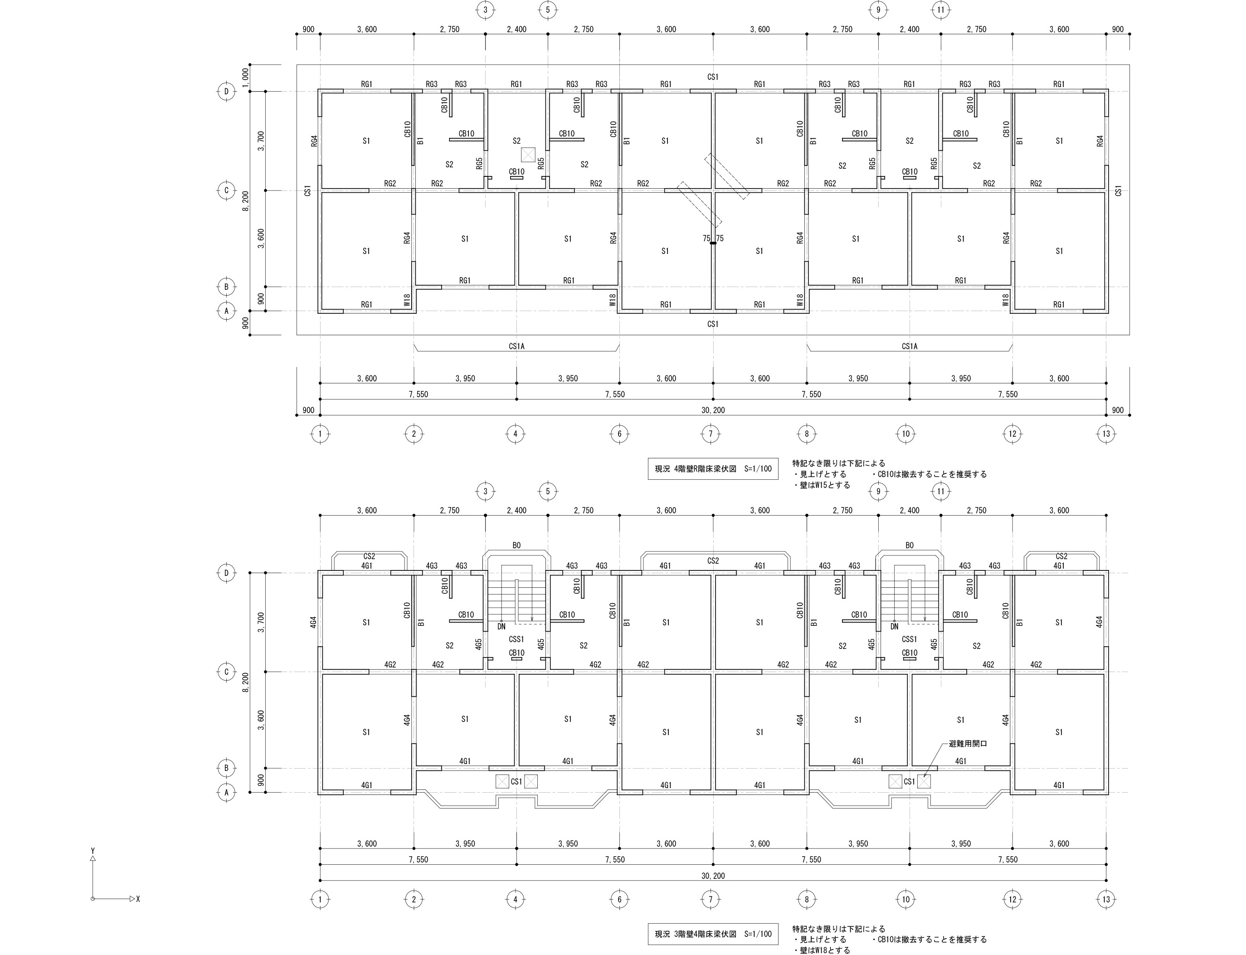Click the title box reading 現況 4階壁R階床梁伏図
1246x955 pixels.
tap(713, 469)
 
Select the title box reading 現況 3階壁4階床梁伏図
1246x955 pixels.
tap(713, 934)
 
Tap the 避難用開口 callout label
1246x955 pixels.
tap(968, 743)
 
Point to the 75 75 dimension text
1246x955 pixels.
tap(713, 239)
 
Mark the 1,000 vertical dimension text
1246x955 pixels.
tap(245, 78)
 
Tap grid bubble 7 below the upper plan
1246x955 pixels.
tap(710, 434)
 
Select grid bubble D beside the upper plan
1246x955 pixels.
tap(226, 92)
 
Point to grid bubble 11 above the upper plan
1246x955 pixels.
tap(941, 10)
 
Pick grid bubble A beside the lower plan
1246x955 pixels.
tap(226, 792)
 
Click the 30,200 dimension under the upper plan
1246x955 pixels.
tap(713, 410)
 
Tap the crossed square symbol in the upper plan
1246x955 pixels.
tap(529, 155)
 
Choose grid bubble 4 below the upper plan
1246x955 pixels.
tap(515, 434)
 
